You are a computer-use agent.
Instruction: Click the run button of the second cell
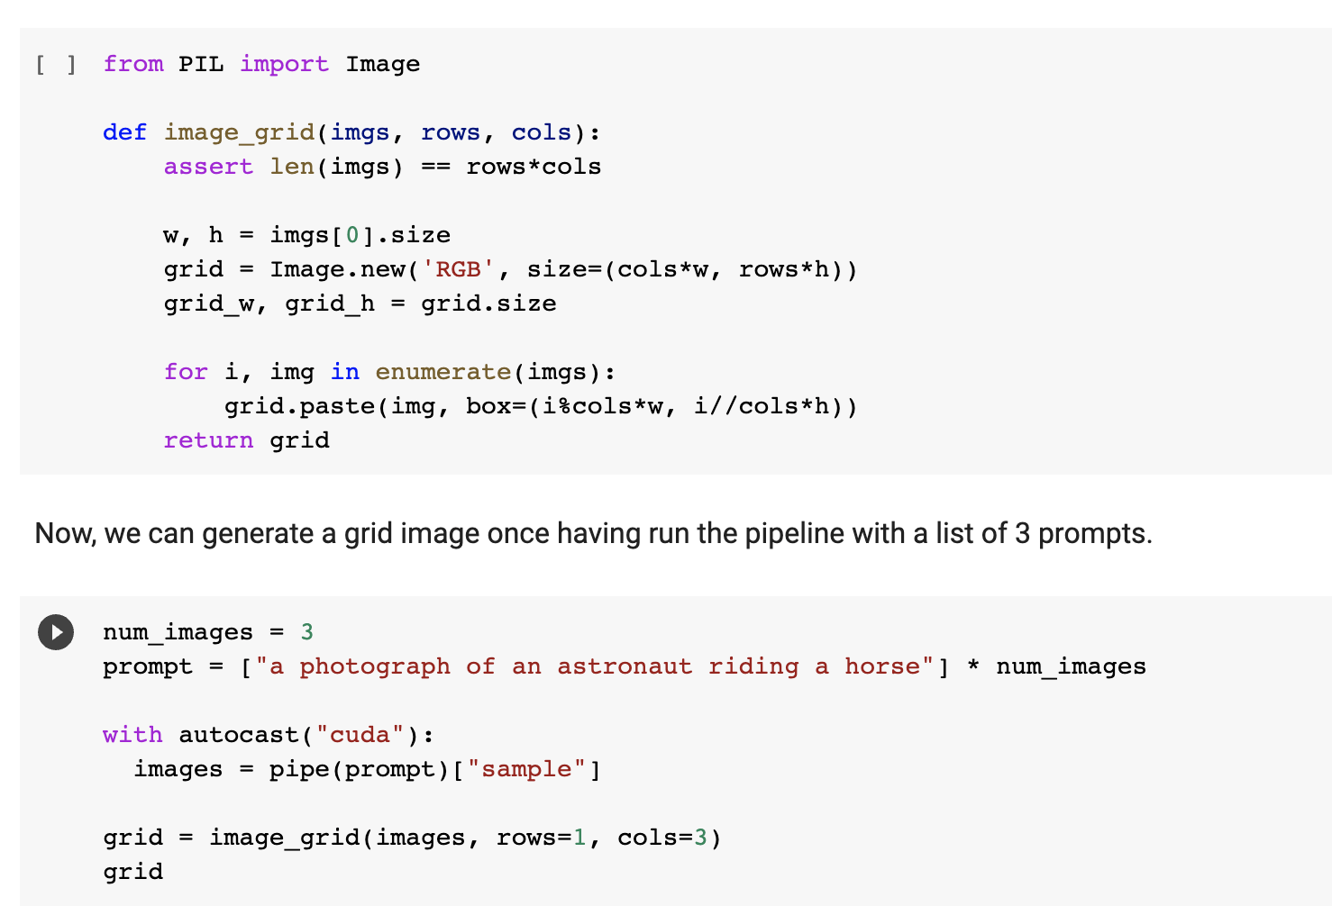pos(56,632)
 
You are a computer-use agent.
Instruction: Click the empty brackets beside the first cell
pos(56,65)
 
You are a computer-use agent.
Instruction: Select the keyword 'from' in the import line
pos(133,65)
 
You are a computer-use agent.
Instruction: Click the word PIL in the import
pos(201,65)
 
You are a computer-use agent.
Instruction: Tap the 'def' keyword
pos(124,133)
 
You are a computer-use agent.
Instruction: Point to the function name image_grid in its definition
pos(239,133)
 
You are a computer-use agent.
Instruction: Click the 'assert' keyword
pos(208,168)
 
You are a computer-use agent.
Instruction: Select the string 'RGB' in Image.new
pos(459,270)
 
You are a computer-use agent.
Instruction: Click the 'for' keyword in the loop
pos(186,372)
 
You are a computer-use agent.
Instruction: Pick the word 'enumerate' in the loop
pos(443,372)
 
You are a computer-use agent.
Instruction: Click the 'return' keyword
pos(208,440)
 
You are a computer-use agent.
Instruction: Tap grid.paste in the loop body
pos(299,406)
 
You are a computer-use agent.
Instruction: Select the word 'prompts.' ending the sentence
pos(1094,533)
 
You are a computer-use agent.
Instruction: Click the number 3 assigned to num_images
pos(307,632)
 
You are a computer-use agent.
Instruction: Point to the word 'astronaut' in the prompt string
pos(625,666)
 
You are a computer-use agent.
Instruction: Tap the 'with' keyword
pos(132,735)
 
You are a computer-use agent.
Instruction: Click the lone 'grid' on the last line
pos(133,872)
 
